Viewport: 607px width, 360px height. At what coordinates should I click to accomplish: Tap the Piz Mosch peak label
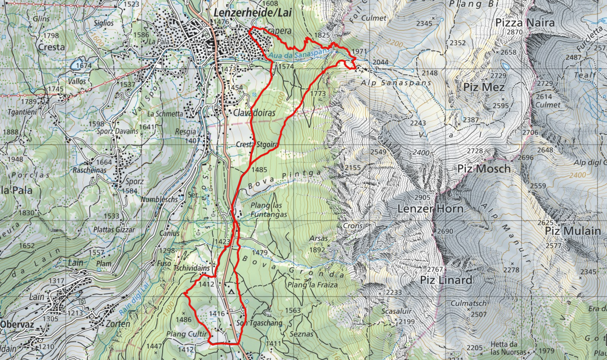484,169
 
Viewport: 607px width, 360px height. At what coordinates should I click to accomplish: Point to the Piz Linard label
446,280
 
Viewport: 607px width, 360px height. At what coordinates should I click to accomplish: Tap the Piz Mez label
484,87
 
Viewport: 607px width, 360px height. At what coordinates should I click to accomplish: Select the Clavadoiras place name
255,113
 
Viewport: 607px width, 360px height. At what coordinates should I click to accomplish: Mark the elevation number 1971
359,52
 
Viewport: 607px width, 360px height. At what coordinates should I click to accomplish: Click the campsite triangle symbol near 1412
231,292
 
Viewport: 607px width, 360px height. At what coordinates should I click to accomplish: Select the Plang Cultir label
187,334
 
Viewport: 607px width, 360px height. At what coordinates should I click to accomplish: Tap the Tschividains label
192,268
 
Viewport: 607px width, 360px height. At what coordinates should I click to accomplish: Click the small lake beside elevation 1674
79,65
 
